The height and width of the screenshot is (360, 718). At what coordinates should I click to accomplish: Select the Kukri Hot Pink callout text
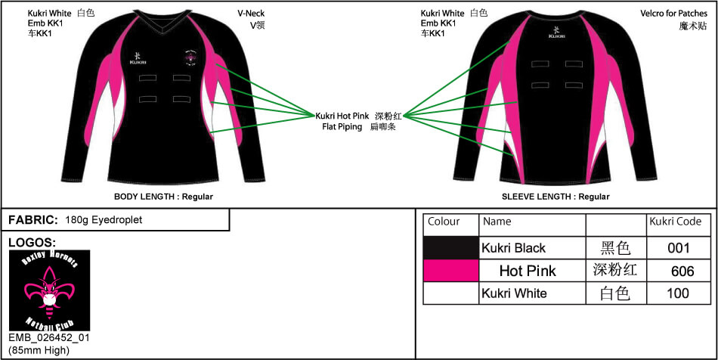click(x=342, y=116)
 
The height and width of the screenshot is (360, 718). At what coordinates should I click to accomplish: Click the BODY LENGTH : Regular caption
click(x=163, y=197)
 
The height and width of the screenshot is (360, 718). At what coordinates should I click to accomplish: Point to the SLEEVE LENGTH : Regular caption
click(x=556, y=197)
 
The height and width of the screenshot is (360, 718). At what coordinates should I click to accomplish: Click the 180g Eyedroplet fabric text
click(x=104, y=220)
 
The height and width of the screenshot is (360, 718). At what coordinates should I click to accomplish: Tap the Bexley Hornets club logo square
click(x=49, y=290)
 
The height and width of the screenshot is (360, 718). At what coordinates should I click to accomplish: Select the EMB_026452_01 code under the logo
click(x=49, y=338)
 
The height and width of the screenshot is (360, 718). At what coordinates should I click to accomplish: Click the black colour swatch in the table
click(x=451, y=248)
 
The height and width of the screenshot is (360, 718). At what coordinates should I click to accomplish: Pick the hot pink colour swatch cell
click(x=451, y=271)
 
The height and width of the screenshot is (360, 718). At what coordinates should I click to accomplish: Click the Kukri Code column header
click(x=675, y=222)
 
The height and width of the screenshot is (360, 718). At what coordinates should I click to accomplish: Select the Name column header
click(x=497, y=222)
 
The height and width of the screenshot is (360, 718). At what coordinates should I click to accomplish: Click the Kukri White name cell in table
click(x=514, y=293)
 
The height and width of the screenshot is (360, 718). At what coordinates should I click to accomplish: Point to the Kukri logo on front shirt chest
click(x=138, y=57)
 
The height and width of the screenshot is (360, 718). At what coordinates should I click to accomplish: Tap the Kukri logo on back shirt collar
click(x=557, y=33)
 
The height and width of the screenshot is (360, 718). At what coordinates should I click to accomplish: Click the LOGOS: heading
click(x=32, y=243)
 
